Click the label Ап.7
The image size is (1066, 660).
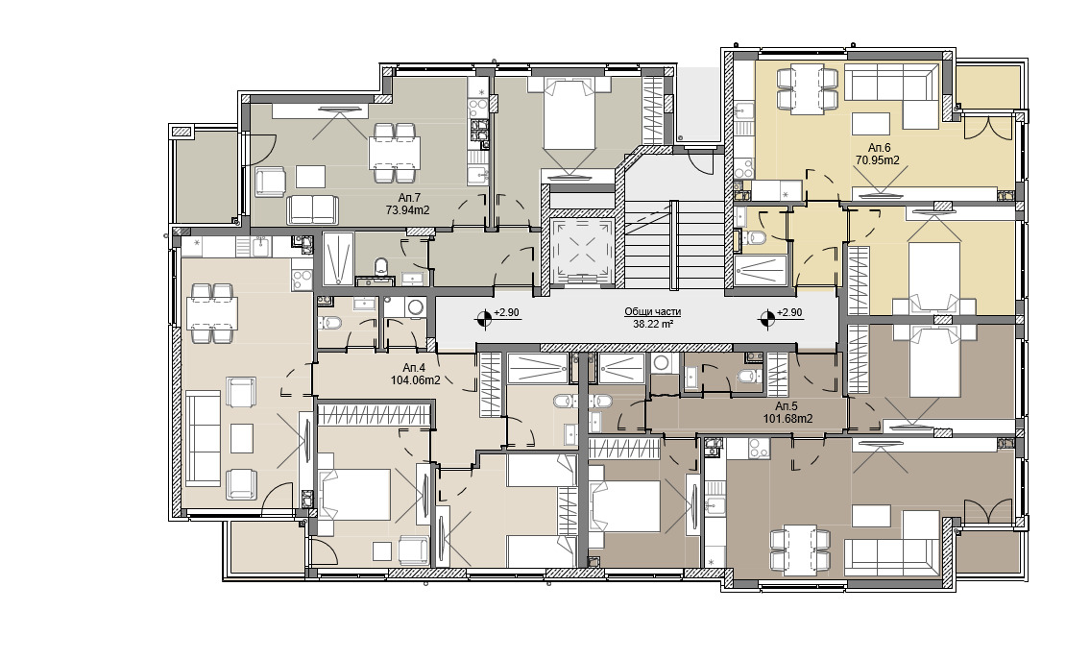pos(408,198)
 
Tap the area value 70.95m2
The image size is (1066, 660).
pos(878,160)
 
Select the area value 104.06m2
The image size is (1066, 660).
pos(416,380)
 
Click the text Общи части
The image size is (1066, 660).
pos(653,311)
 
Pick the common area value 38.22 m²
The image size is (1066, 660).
pos(653,324)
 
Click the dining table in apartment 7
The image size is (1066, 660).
pos(395,153)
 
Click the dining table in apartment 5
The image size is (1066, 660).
pos(799,549)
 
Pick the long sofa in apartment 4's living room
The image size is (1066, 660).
pos(204,437)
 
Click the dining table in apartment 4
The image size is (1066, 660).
pos(212,312)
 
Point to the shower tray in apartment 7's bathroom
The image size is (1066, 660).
pos(337,257)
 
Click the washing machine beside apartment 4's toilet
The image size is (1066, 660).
pos(413,308)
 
